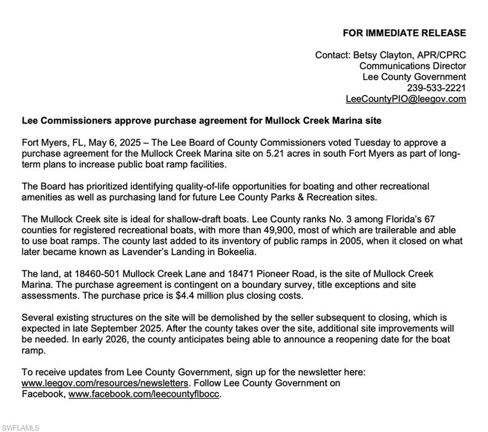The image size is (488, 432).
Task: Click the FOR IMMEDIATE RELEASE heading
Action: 404,33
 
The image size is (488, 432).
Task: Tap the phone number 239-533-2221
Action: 436,88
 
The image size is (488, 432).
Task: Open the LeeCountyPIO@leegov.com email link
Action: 405,100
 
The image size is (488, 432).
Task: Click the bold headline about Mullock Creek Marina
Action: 201,121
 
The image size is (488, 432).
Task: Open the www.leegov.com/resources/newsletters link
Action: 104,384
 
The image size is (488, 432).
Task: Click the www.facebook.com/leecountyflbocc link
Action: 144,394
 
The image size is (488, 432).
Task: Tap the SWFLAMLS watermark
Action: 20,428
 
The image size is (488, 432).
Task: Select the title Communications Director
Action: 412,66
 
